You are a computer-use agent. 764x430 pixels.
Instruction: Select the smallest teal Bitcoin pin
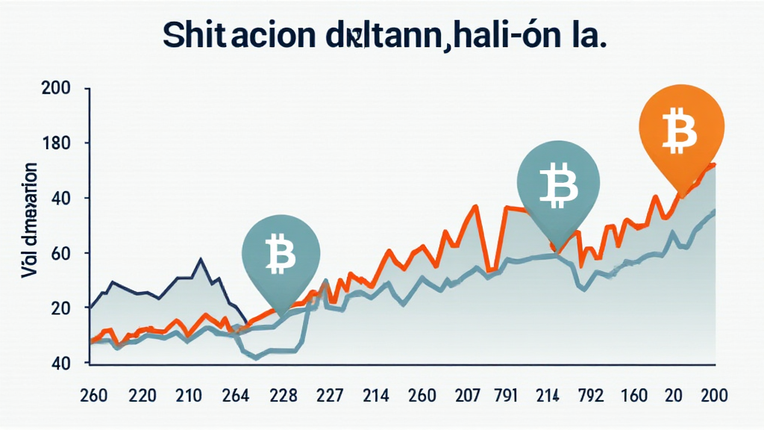281,254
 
